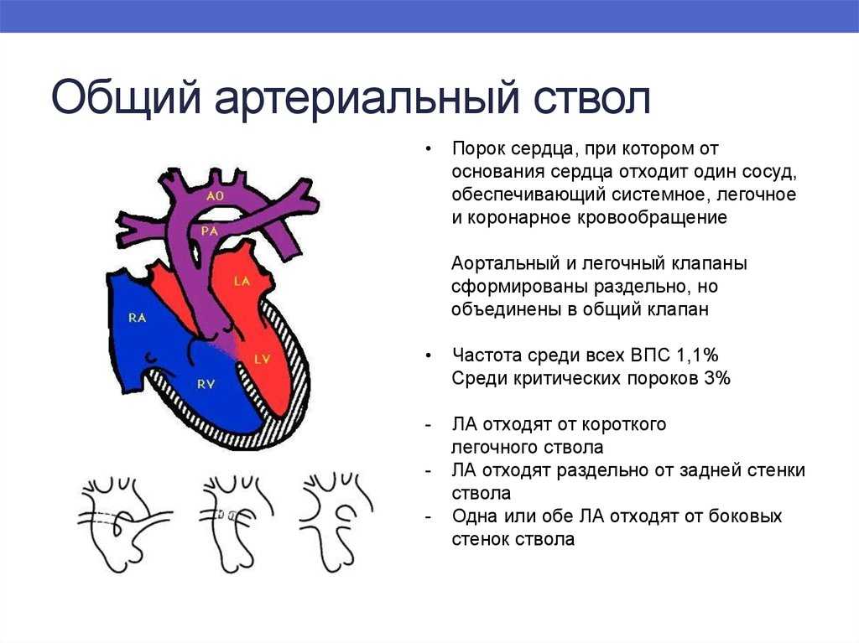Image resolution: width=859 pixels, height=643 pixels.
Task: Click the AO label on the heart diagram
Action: click(x=216, y=195)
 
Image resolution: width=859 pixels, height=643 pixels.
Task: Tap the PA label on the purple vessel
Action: click(x=210, y=231)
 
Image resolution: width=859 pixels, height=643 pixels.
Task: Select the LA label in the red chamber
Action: click(x=242, y=282)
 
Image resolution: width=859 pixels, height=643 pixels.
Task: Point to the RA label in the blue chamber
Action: click(x=137, y=318)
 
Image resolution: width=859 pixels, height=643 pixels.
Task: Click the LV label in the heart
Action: click(x=263, y=360)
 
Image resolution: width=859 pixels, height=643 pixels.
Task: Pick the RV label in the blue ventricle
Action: click(x=206, y=385)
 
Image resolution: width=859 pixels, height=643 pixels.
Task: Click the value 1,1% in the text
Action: click(x=697, y=355)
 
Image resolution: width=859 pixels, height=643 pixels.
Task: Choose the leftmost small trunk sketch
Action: click(x=126, y=523)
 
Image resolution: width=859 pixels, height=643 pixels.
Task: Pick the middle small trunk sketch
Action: click(x=236, y=523)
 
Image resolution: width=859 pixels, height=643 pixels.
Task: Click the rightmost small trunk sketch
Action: click(x=336, y=523)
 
